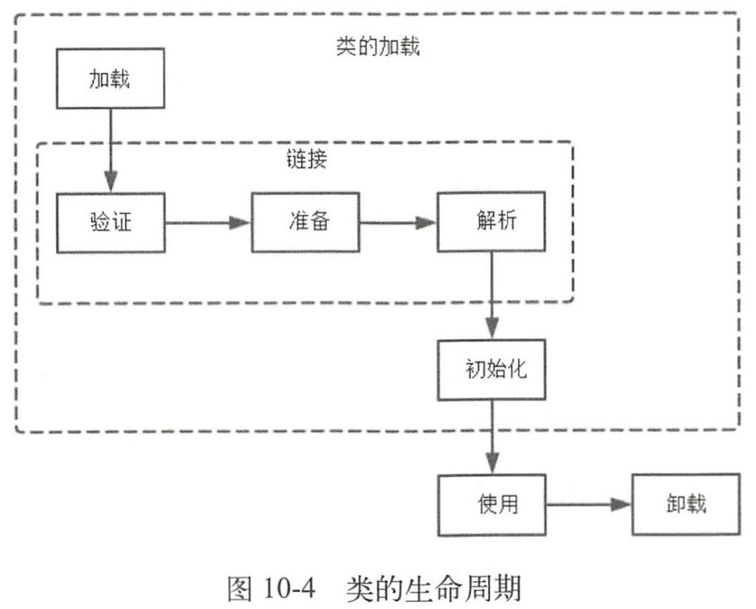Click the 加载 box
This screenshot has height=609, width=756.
pos(111,78)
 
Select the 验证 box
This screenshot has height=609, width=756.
pos(111,222)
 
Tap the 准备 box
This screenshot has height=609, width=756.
pos(305,222)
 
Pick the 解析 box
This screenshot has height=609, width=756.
pos(491,222)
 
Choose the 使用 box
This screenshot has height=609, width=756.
pos(492,504)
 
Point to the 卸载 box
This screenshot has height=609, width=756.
pos(685,504)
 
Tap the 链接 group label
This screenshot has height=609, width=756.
pos(305,160)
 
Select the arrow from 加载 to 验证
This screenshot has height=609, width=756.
pos(111,149)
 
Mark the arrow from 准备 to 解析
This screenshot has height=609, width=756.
pos(397,222)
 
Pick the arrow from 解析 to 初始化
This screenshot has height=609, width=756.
pos(492,295)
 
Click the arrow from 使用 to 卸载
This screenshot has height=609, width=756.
pos(588,504)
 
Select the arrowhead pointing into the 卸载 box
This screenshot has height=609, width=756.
pos(621,504)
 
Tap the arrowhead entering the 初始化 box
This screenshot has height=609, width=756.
pos(492,326)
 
